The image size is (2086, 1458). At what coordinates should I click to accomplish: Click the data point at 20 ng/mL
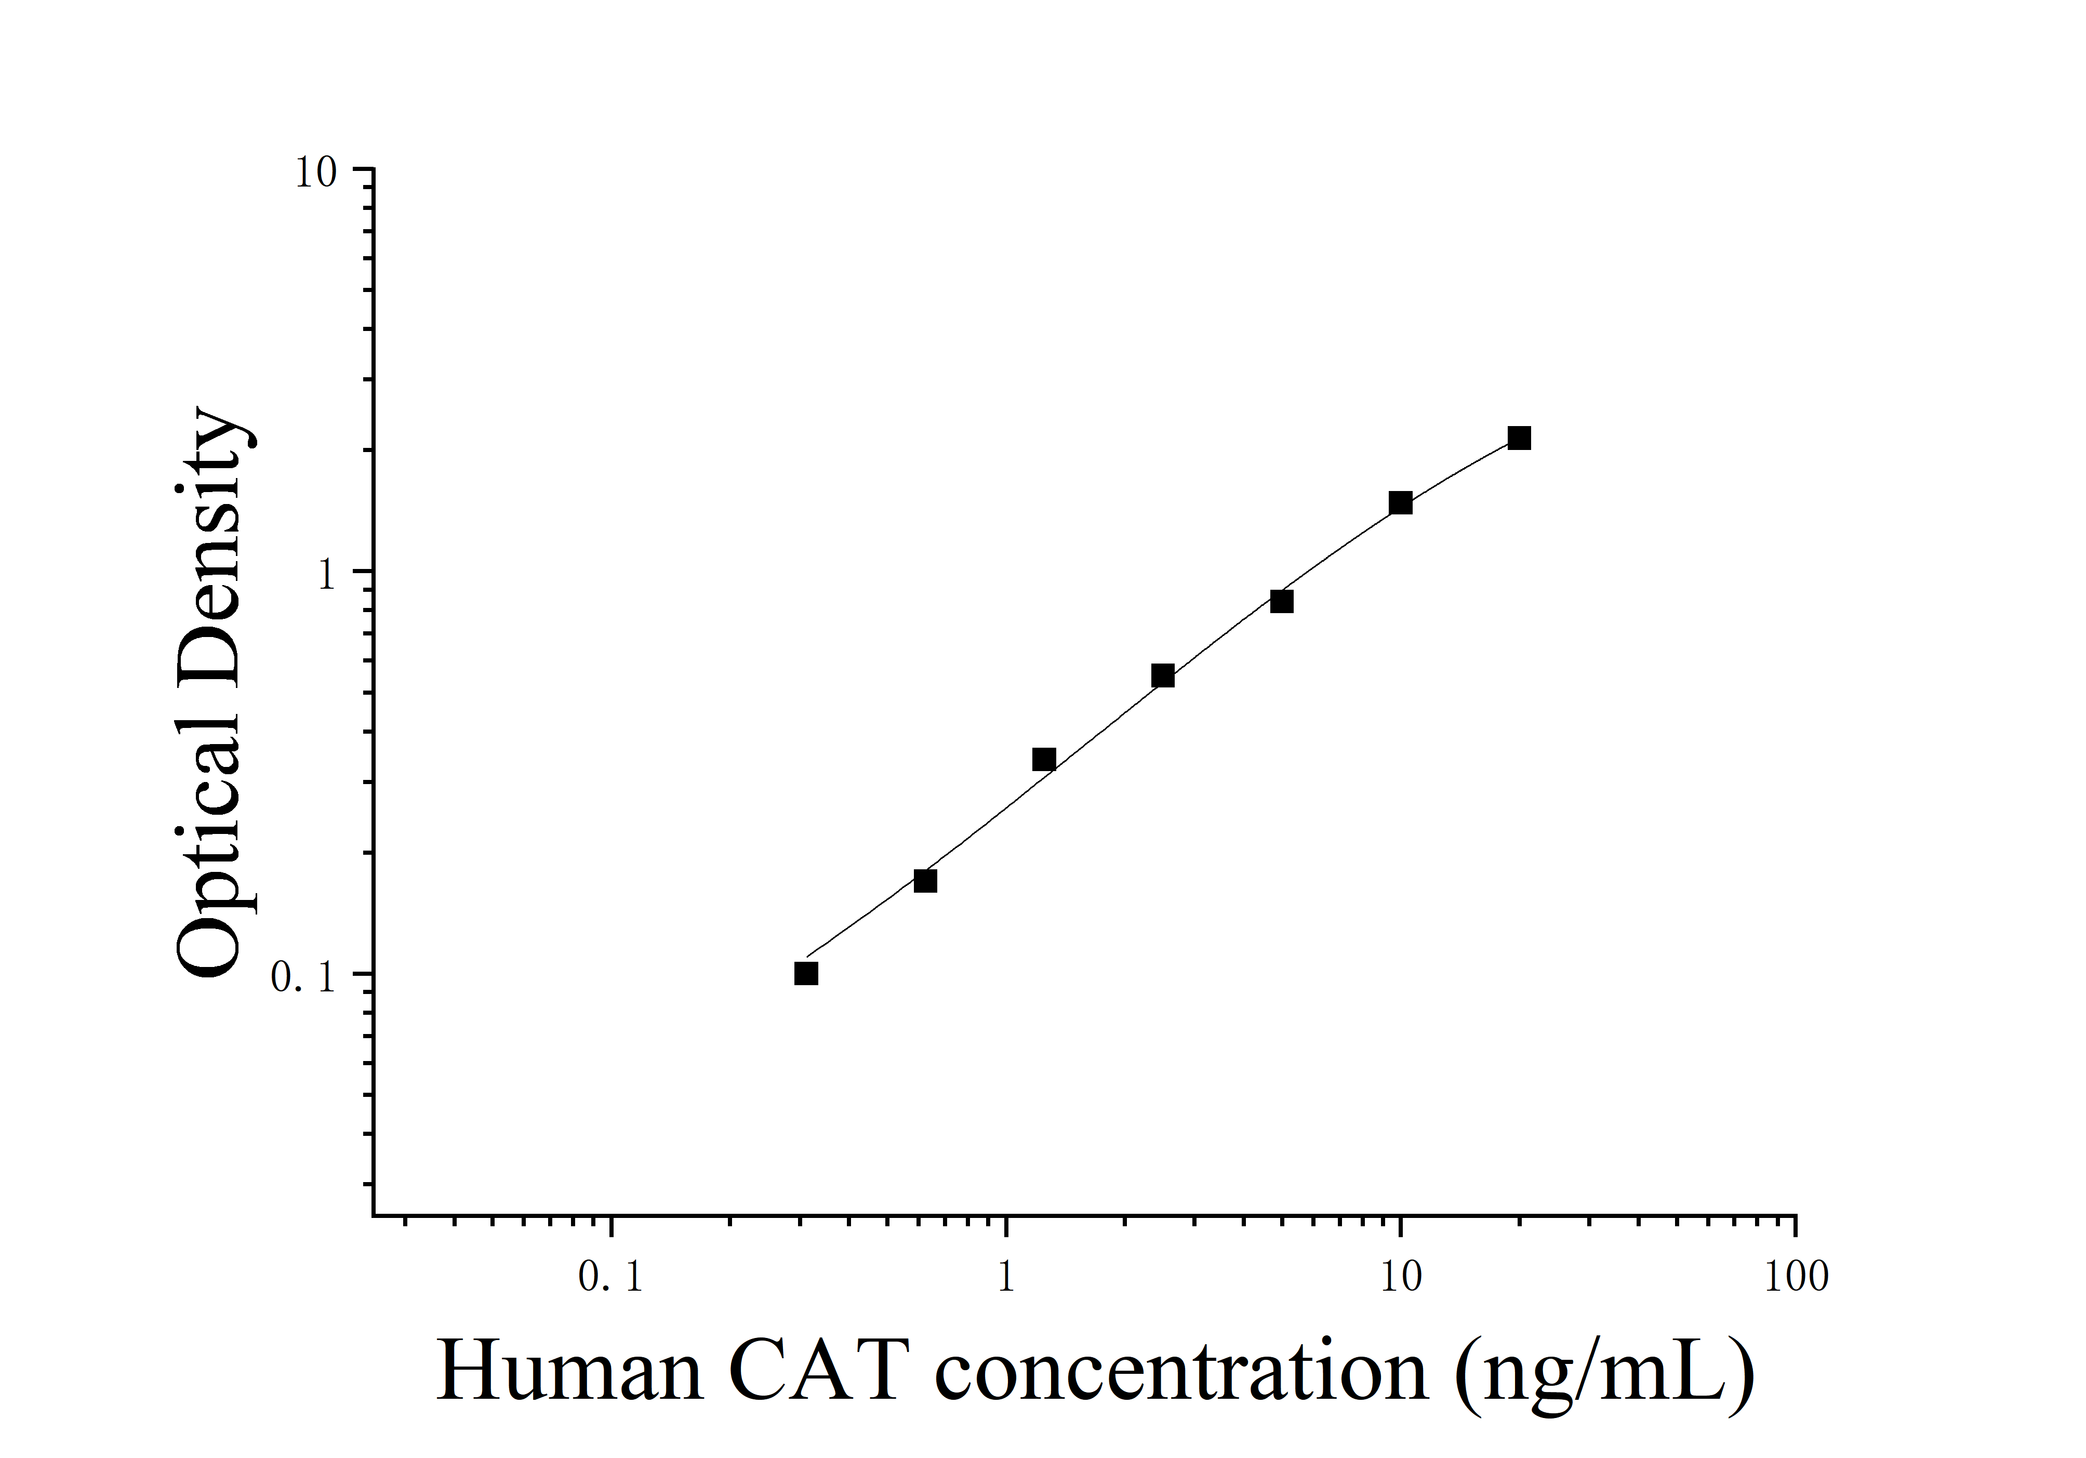click(1519, 439)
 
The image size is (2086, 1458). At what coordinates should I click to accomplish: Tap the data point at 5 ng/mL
click(1282, 601)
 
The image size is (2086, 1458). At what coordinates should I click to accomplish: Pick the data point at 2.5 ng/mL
click(1163, 676)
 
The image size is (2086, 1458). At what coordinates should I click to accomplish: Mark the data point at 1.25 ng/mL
click(1045, 760)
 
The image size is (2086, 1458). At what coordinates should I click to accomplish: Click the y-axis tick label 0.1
click(304, 977)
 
